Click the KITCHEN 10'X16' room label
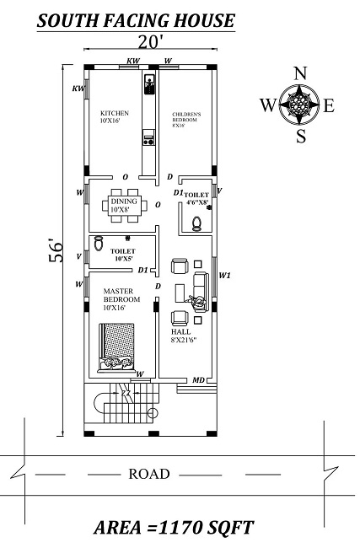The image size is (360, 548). point(114,117)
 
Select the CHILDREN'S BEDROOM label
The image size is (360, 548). point(185,119)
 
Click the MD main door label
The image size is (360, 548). point(198,380)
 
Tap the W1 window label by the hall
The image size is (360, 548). point(224,275)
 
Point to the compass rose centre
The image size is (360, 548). point(298,104)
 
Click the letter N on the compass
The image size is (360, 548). point(298,73)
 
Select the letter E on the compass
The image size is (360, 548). point(329,105)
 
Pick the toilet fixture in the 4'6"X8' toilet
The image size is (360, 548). point(196,223)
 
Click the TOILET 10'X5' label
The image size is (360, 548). point(123,255)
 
